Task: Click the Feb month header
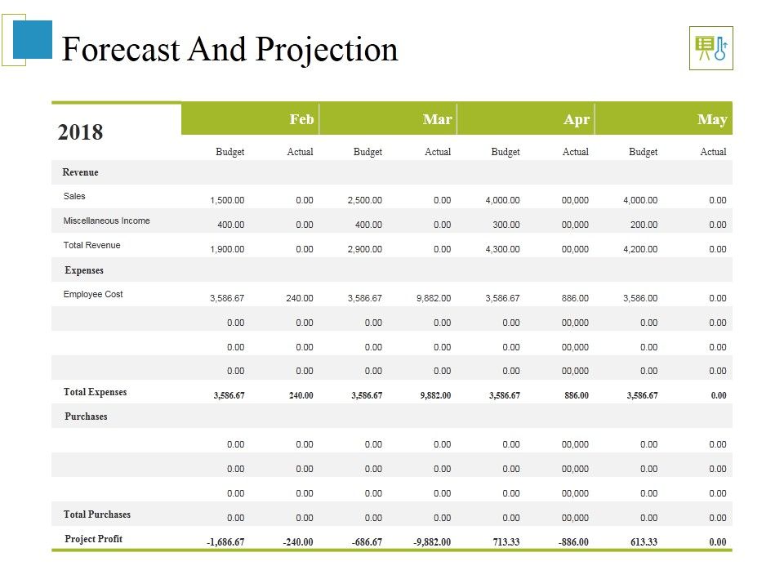[x=301, y=119]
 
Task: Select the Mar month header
[x=438, y=119]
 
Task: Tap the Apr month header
[x=577, y=119]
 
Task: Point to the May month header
[x=712, y=119]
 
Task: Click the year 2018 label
[x=81, y=132]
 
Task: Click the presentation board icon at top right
[x=710, y=48]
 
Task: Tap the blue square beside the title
[x=33, y=40]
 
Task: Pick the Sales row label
[x=74, y=197]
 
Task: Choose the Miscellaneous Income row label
[x=106, y=221]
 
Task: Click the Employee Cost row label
[x=93, y=295]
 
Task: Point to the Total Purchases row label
[x=97, y=514]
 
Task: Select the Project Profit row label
[x=94, y=539]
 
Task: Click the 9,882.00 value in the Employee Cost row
[x=433, y=298]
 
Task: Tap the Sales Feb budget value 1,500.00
[x=227, y=200]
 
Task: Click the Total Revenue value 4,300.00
[x=502, y=249]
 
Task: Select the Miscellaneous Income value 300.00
[x=506, y=225]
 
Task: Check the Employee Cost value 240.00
[x=299, y=298]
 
